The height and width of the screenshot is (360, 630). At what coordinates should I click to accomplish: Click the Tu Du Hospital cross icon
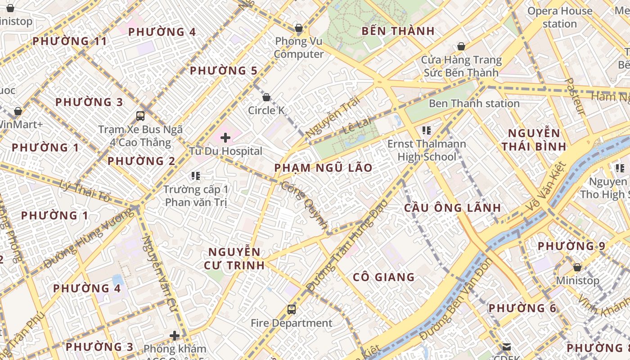(225, 138)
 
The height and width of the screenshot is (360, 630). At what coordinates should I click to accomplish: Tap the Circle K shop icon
(266, 97)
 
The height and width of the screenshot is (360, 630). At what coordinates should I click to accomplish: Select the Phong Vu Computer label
(299, 48)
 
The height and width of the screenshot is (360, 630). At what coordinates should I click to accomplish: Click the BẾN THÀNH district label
(398, 31)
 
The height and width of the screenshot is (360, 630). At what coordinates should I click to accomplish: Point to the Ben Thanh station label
(474, 103)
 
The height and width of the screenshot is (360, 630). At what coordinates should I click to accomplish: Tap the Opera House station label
(559, 17)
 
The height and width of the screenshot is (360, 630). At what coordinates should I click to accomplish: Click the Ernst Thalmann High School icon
(426, 131)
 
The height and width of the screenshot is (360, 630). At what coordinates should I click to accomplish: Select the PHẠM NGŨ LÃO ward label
(323, 168)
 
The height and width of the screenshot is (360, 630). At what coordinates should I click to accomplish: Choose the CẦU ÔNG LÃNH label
(452, 207)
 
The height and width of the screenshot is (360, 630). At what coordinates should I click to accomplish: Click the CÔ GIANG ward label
(383, 277)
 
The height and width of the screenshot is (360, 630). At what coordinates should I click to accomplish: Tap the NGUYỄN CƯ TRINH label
(234, 258)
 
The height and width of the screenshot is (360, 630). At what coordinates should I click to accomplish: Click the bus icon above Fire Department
(292, 310)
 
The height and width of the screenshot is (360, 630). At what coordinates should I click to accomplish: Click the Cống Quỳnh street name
(304, 206)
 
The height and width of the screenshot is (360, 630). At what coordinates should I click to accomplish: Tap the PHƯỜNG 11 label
(70, 41)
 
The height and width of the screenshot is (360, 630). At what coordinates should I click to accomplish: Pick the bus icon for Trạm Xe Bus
(140, 116)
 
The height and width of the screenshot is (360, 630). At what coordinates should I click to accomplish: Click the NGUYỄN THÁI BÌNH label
(534, 139)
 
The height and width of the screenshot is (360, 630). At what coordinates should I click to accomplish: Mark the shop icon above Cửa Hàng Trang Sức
(461, 46)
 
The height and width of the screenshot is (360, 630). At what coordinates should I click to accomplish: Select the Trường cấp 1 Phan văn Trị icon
(195, 175)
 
